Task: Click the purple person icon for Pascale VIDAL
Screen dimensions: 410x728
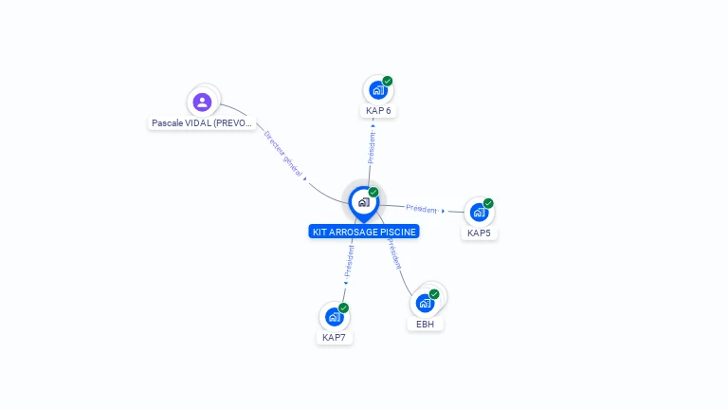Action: tap(201, 102)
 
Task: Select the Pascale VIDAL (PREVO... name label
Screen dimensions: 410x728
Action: tap(203, 123)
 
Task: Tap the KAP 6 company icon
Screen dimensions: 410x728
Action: tap(377, 91)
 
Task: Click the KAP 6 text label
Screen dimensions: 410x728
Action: tap(378, 111)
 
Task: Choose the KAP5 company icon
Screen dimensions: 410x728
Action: tap(479, 213)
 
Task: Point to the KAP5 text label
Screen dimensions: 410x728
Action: tap(480, 233)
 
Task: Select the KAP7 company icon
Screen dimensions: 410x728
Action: tap(334, 317)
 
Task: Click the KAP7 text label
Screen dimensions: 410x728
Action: tap(334, 337)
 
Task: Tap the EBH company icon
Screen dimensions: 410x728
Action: tap(425, 304)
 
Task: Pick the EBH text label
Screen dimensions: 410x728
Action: tap(425, 324)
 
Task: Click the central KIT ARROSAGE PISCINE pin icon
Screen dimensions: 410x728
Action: tap(363, 202)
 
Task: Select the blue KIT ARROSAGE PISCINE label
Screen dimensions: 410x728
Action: tap(364, 232)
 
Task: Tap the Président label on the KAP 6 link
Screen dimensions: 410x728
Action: tap(372, 148)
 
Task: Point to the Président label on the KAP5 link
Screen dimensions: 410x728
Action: tap(422, 209)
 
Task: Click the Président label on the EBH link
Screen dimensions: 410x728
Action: tap(393, 253)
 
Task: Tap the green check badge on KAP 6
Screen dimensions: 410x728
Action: tap(388, 82)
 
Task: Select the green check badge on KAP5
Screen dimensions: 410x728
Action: tap(488, 203)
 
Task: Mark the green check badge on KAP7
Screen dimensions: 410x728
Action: tap(343, 307)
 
